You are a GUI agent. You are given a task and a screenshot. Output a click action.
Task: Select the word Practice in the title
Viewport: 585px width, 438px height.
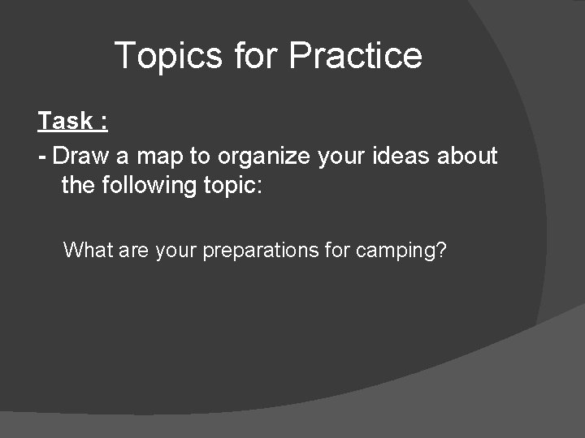coord(355,56)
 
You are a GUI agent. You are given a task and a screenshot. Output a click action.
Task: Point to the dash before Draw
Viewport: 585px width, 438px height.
coord(41,156)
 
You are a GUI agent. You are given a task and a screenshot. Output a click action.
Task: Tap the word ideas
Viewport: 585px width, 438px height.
coord(401,155)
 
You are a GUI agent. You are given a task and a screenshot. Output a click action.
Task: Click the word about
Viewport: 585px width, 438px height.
coord(467,155)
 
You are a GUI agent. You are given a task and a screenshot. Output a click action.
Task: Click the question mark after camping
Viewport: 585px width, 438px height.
coord(441,250)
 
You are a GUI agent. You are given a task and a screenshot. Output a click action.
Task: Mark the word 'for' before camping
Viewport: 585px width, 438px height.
coord(336,250)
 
